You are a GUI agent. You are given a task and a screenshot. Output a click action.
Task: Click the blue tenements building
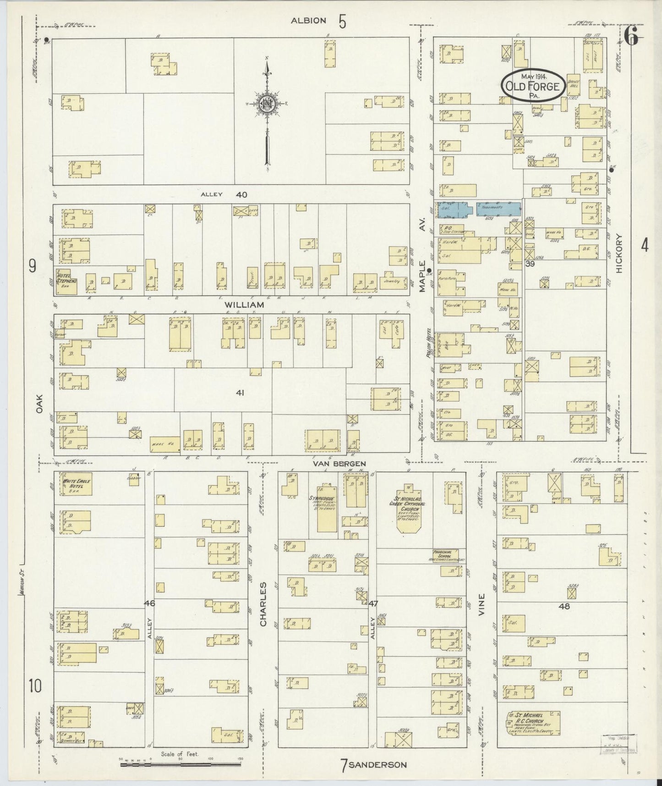coord(498,209)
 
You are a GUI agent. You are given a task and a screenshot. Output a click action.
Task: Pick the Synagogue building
coord(327,507)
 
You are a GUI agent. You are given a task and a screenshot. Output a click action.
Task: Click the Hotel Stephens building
coord(66,281)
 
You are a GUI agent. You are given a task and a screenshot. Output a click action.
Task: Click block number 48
coord(564,606)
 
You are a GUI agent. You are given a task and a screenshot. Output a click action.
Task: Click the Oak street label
coord(39,404)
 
